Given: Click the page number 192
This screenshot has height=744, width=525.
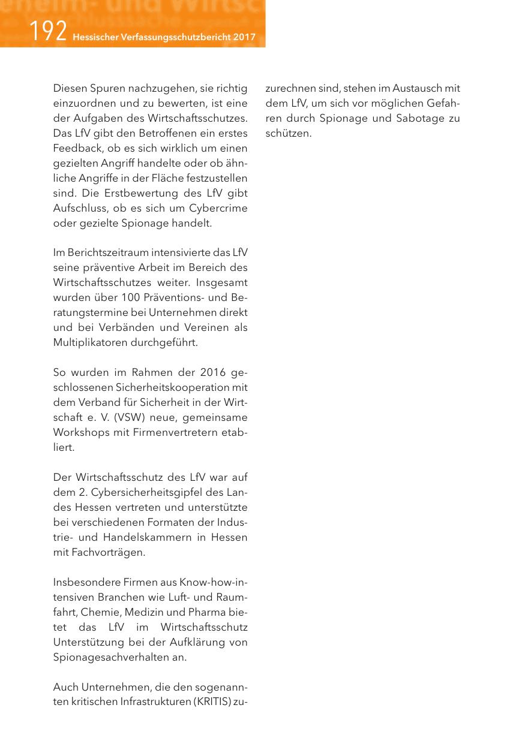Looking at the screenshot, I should point(47,31).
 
